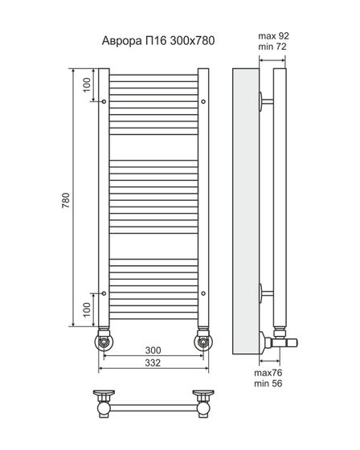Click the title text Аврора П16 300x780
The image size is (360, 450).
pyautogui.click(x=158, y=41)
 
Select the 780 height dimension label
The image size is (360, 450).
pyautogui.click(x=66, y=200)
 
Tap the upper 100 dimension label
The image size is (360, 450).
pyautogui.click(x=87, y=85)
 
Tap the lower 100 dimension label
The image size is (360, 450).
pyautogui.click(x=87, y=309)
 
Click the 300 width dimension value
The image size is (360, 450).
pyautogui.click(x=153, y=350)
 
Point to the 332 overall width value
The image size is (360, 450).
pyautogui.click(x=153, y=363)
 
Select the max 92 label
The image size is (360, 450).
pyautogui.click(x=273, y=36)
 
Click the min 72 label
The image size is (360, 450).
pyautogui.click(x=272, y=47)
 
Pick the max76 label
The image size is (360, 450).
pyautogui.click(x=268, y=373)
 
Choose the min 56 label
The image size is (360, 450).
pyautogui.click(x=268, y=383)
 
